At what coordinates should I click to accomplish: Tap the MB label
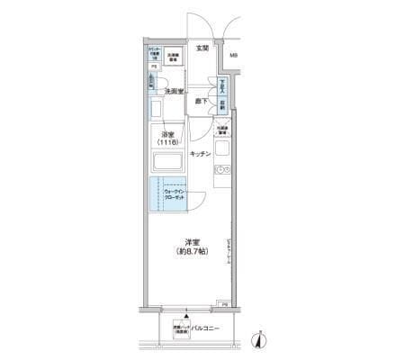point(233,59)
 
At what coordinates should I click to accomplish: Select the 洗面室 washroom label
point(175,92)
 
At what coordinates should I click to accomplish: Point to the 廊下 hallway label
point(202,103)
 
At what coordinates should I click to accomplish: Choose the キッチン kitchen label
point(201,154)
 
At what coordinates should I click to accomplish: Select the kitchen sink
point(222,170)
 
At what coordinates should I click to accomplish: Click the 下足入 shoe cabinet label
point(222,88)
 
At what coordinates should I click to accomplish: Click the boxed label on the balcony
point(176,329)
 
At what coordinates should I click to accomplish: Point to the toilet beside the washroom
point(152,85)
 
